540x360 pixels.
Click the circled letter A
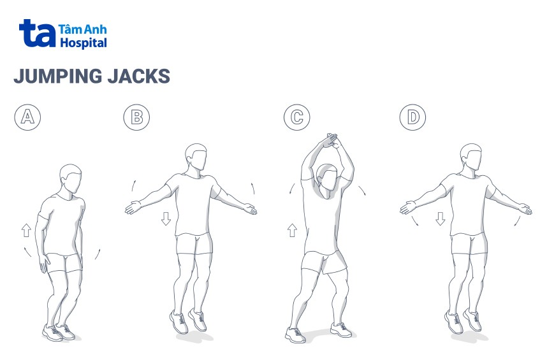pyautogui.click(x=27, y=117)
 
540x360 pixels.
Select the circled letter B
pyautogui.click(x=136, y=117)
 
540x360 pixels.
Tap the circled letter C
pyautogui.click(x=297, y=117)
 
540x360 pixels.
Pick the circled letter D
pyautogui.click(x=412, y=117)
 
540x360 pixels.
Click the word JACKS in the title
pyautogui.click(x=139, y=76)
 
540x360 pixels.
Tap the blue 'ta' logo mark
pyautogui.click(x=37, y=33)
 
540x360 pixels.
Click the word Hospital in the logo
pyautogui.click(x=84, y=43)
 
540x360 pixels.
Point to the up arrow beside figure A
pyautogui.click(x=26, y=230)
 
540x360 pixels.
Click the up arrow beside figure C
pyautogui.click(x=292, y=230)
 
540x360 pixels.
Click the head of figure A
pyautogui.click(x=71, y=179)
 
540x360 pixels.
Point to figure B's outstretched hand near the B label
pyautogui.click(x=133, y=208)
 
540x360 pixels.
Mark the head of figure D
pyautogui.click(x=471, y=157)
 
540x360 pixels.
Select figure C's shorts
pyautogui.click(x=324, y=263)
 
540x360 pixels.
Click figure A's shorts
pyautogui.click(x=64, y=263)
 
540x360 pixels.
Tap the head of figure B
pyautogui.click(x=196, y=157)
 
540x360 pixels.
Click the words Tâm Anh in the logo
pyautogui.click(x=83, y=29)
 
